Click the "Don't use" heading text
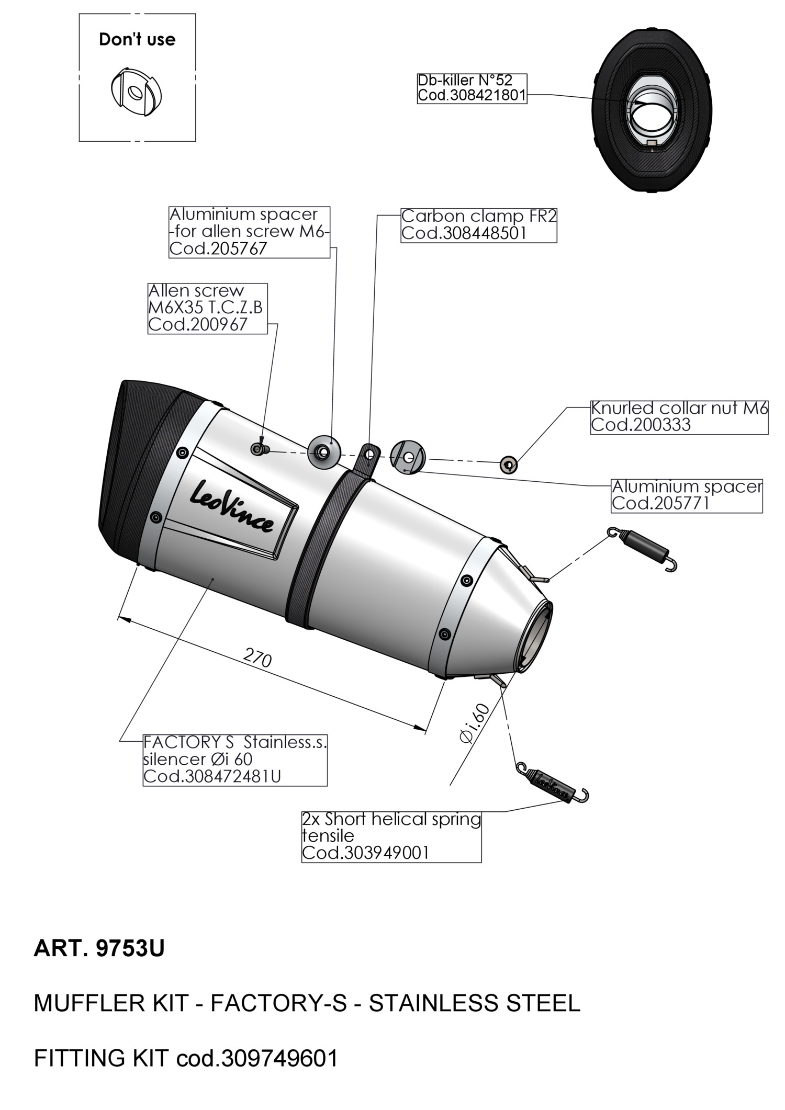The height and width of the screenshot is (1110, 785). point(137,40)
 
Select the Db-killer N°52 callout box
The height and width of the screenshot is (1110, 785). point(472,88)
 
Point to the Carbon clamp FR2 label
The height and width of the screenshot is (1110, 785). point(478,225)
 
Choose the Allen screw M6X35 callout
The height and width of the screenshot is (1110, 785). point(207,308)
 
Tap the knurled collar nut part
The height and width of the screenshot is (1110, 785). point(508,463)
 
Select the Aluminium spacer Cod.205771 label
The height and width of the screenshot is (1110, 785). point(687,495)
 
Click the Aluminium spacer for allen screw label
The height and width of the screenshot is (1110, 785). point(249,232)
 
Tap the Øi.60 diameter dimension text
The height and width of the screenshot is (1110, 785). point(475,723)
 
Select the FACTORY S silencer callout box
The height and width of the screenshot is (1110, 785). point(235,760)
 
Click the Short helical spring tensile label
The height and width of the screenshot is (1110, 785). point(391,836)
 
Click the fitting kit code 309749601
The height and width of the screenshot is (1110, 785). point(280,1058)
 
